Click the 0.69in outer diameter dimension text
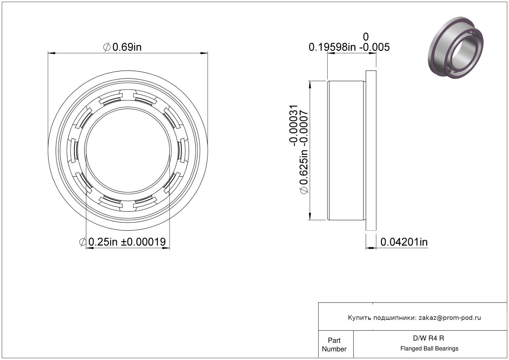127,47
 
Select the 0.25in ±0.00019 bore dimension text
127,242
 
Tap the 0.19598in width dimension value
332,47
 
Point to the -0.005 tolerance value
375,47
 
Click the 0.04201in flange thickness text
404,242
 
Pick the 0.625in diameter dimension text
304,167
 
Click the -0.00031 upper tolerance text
293,125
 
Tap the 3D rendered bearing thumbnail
456,48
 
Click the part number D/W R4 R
428,338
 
